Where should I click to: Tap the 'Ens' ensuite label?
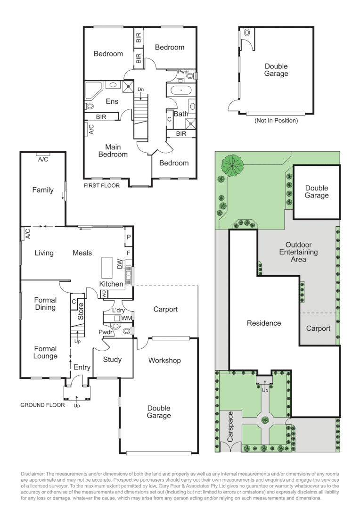(112, 101)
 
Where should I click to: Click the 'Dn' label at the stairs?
(140, 89)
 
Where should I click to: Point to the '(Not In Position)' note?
(276, 121)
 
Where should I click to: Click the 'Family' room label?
(43, 190)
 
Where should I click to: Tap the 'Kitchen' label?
(111, 284)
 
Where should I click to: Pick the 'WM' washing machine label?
(126, 319)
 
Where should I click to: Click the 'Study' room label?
(112, 360)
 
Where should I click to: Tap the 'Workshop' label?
(164, 361)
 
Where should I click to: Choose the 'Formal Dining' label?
(45, 304)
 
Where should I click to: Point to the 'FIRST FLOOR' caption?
(101, 186)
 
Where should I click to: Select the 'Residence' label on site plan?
(264, 323)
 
